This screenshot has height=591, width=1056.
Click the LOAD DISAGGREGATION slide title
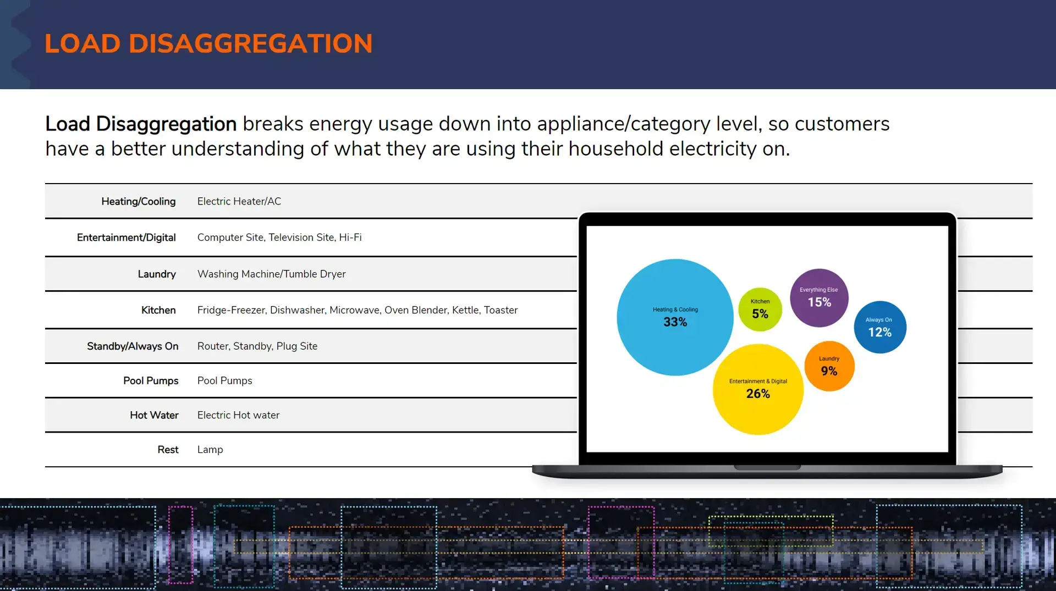click(x=208, y=44)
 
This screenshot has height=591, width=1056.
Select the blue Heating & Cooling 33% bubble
click(x=675, y=317)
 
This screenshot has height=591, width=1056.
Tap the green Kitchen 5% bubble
click(x=760, y=310)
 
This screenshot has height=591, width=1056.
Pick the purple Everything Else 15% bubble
click(x=819, y=297)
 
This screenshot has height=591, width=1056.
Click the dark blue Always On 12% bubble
click(x=879, y=327)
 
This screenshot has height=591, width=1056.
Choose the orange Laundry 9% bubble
click(x=829, y=366)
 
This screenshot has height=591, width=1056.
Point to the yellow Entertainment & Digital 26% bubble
click(x=758, y=389)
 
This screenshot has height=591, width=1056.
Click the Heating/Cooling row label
click(x=139, y=202)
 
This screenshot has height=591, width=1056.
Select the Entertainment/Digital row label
click(x=127, y=237)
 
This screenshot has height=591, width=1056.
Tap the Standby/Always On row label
click(x=133, y=346)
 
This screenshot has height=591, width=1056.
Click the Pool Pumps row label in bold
click(x=151, y=381)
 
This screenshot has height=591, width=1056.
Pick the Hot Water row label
click(x=154, y=416)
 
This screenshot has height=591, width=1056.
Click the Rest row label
click(x=168, y=450)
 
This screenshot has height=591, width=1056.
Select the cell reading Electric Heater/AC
click(x=239, y=202)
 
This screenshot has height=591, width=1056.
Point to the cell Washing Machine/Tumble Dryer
click(x=271, y=274)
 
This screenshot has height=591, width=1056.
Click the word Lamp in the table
click(x=210, y=450)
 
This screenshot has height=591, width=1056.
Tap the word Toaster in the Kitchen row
click(x=501, y=310)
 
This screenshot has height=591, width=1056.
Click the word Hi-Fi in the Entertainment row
click(x=350, y=237)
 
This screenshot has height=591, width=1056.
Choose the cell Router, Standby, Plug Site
click(x=257, y=346)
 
